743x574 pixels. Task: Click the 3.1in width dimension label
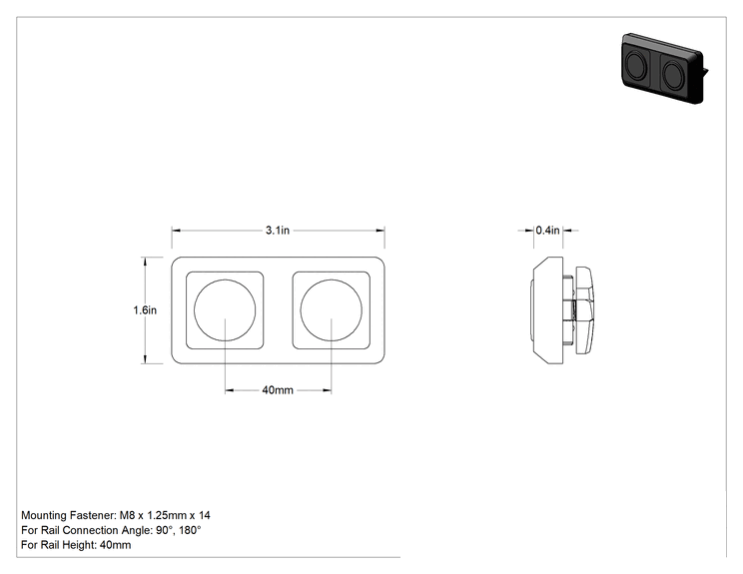[x=278, y=231]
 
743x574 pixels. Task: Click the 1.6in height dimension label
[x=145, y=310]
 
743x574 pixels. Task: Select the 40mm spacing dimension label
[x=278, y=390]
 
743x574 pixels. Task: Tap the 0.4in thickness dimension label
[x=548, y=231]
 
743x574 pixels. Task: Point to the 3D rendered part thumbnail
[x=664, y=68]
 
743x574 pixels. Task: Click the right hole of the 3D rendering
[x=672, y=75]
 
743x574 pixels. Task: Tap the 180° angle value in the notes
[x=190, y=530]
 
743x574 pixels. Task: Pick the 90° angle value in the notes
[x=164, y=530]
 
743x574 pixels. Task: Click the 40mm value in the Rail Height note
[x=115, y=545]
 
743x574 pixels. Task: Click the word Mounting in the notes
[x=44, y=515]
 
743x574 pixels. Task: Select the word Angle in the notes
[x=137, y=530]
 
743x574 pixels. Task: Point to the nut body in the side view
[x=584, y=310]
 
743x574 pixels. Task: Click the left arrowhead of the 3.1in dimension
[x=176, y=231]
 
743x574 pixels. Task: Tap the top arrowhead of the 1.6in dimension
[x=145, y=262]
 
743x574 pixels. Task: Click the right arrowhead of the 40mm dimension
[x=327, y=390]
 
